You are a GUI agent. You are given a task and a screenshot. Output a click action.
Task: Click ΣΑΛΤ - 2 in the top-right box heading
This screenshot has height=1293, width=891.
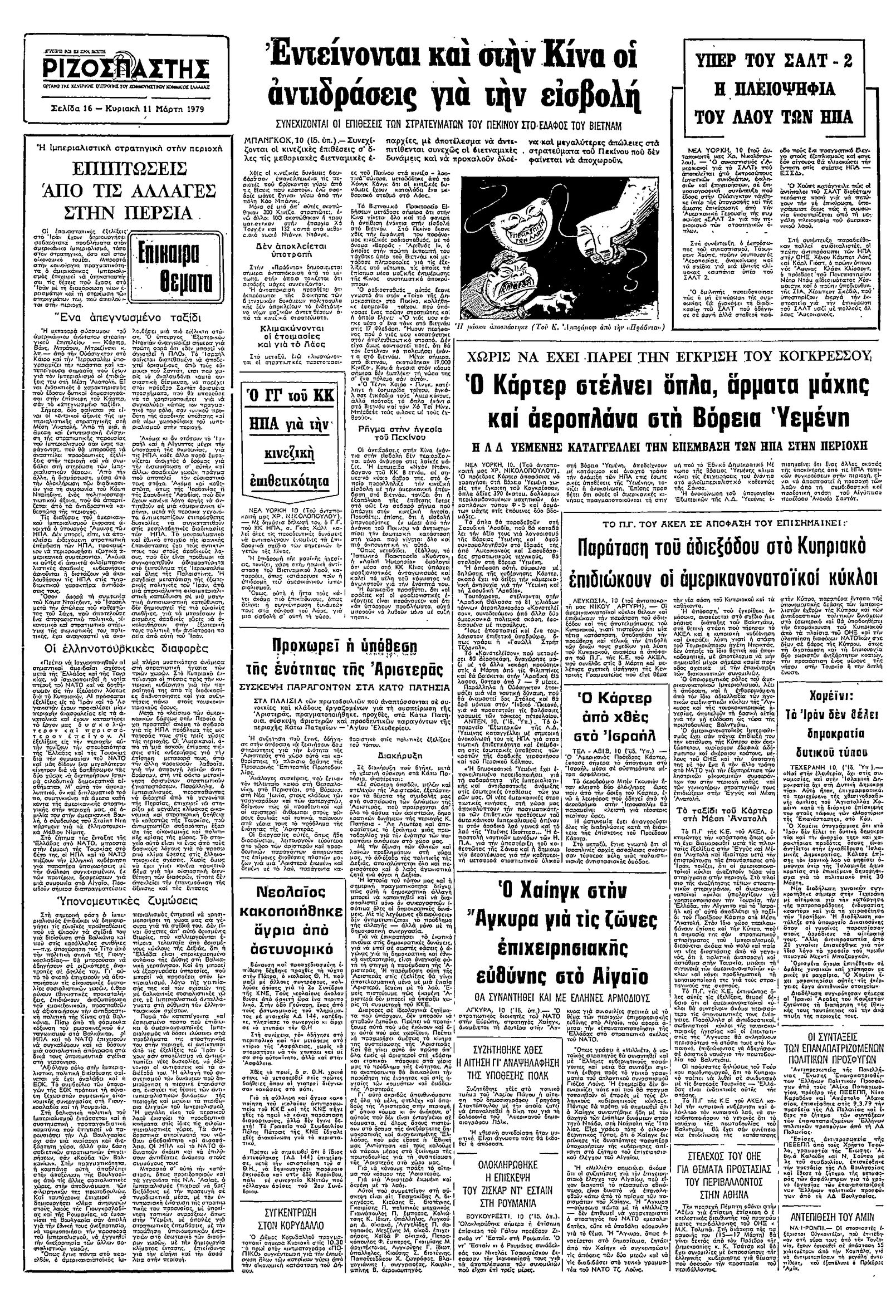click(x=811, y=61)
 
